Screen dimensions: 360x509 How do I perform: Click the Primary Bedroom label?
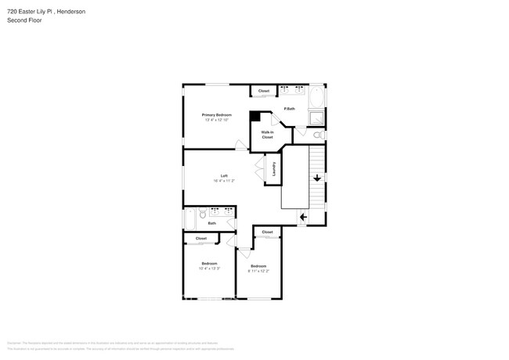(217, 115)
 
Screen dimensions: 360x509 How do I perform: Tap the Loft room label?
(224, 175)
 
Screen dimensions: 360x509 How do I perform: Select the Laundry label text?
(274, 168)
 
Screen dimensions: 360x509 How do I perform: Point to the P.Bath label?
(289, 109)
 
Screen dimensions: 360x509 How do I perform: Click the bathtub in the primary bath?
(316, 98)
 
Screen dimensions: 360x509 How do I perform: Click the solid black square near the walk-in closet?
(254, 117)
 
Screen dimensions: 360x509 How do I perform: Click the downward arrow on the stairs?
(317, 178)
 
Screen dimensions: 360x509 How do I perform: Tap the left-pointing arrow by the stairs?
(302, 217)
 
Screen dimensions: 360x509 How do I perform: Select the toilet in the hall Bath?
(202, 213)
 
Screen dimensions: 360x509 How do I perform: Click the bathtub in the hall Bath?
(189, 218)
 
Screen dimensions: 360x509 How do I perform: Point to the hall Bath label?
(211, 223)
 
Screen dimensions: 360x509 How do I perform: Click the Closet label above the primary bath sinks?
(264, 91)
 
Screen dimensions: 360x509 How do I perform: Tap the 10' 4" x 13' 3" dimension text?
(209, 268)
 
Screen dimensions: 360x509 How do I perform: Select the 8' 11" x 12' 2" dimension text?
(258, 271)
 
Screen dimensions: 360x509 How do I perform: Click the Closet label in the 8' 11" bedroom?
(267, 232)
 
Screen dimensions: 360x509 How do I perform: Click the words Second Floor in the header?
(24, 20)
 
